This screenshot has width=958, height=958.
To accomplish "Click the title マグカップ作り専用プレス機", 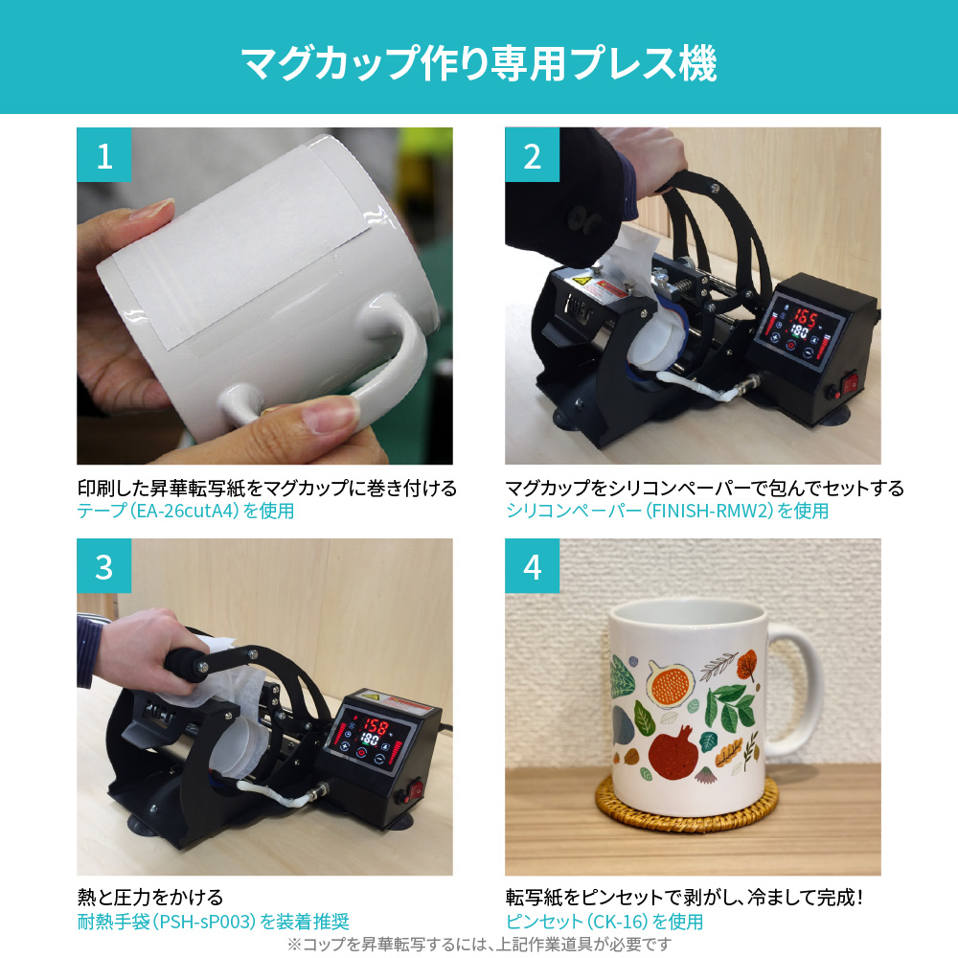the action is coord(478,63).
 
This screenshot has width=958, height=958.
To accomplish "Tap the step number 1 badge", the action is coord(103,154).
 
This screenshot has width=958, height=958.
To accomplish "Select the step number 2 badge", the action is coord(532,154).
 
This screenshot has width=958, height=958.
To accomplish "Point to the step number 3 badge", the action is coord(103,566).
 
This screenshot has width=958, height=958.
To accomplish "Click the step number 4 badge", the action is coord(532,566).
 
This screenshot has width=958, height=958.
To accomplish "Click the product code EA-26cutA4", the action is coord(187,511).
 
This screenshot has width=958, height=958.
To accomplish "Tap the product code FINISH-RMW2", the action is coord(709,511).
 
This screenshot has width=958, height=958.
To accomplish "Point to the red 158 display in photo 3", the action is coord(374,727).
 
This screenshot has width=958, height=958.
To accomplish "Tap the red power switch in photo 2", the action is coord(850,385).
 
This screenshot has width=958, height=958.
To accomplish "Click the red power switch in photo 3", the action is coord(415,790).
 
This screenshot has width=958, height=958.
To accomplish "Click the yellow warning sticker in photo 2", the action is coord(582,281).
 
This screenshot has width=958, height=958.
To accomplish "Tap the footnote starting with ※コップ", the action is coord(479,945).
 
